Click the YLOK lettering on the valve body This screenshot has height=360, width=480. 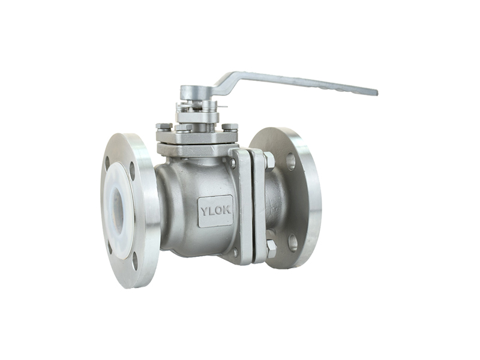click(x=215, y=212)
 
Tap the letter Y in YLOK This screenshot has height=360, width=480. click(x=204, y=212)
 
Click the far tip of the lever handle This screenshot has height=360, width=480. click(x=377, y=92)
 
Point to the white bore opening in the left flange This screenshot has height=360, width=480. click(x=117, y=206)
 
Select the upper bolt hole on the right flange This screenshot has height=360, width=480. click(x=291, y=161)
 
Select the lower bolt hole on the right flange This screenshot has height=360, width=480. click(x=293, y=243)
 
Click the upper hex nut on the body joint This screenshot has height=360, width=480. click(x=269, y=161)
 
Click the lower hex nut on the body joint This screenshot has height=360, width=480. click(x=272, y=248)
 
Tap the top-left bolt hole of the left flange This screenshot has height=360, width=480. click(x=107, y=163)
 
